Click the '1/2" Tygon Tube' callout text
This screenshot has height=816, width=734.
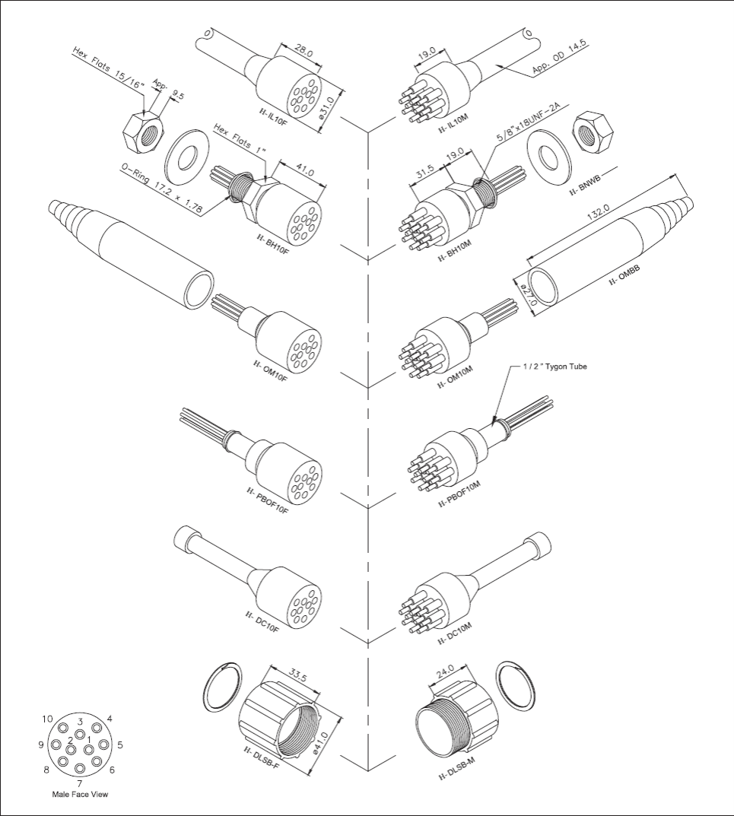[x=555, y=367]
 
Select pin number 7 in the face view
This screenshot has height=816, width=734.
[x=79, y=783]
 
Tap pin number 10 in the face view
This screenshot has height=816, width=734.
[x=47, y=719]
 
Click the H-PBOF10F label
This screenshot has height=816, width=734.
[x=268, y=500]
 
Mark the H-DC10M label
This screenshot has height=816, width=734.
[x=454, y=633]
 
